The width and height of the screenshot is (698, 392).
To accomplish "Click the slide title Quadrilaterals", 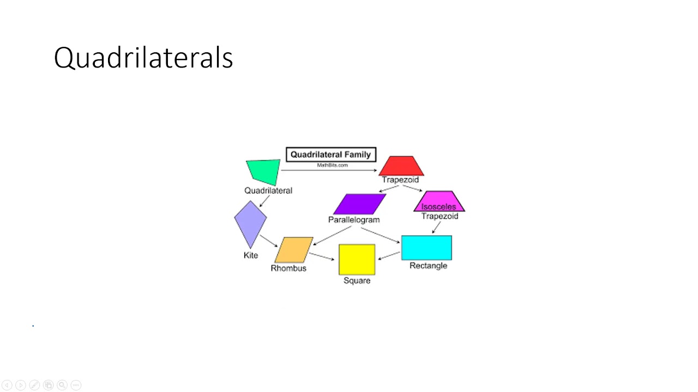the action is (x=143, y=58).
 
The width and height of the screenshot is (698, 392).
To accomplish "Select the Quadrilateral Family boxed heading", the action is (x=331, y=155).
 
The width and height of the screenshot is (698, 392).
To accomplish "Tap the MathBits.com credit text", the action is (x=332, y=165).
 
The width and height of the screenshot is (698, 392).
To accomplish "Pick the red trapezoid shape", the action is (x=401, y=166).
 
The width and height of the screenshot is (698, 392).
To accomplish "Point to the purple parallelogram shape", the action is (x=359, y=204).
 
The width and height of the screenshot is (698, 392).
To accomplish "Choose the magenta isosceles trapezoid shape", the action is (x=440, y=201).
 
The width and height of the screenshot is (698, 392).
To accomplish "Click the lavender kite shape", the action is (x=250, y=224).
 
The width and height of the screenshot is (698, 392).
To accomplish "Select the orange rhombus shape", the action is (x=294, y=250).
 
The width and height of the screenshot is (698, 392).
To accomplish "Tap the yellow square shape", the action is (x=357, y=260).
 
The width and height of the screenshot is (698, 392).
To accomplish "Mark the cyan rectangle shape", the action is (x=426, y=248).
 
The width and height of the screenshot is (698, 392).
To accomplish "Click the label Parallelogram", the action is (x=354, y=220).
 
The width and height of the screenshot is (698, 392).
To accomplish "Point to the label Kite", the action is (x=251, y=255).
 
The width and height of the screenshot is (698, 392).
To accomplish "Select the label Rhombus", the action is (x=288, y=268).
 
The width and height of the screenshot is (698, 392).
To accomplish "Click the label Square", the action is (x=357, y=280).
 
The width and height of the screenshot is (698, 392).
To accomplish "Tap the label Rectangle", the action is (x=429, y=266).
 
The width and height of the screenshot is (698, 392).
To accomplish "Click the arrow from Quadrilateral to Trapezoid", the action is (x=329, y=170).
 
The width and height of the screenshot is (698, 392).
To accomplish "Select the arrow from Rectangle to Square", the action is (x=389, y=256).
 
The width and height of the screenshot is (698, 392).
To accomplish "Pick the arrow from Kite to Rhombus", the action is (x=269, y=241).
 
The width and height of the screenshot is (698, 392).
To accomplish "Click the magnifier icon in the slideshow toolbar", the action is (x=62, y=385).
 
